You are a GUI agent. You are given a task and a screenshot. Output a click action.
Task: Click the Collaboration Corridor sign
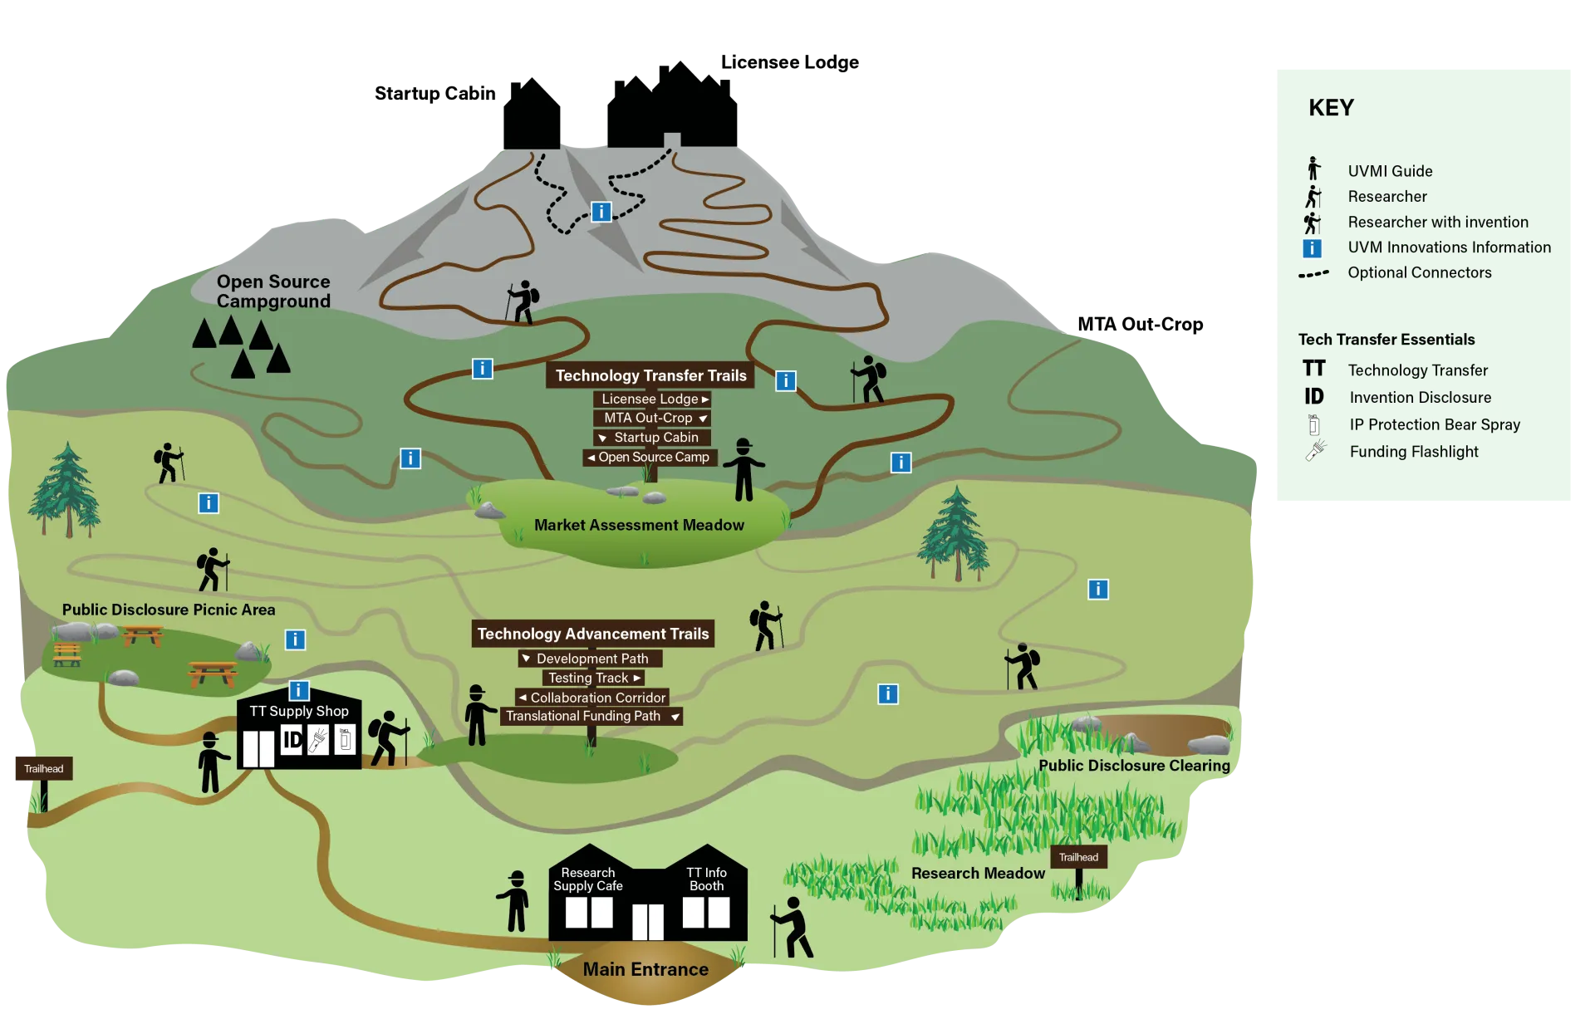click(x=592, y=698)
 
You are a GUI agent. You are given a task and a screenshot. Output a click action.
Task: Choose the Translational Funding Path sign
click(x=591, y=717)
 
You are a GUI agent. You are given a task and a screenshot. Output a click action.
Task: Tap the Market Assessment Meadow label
click(x=639, y=526)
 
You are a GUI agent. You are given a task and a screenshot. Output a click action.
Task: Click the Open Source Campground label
click(x=273, y=291)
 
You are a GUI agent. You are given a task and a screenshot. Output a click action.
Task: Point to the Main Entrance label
click(x=645, y=969)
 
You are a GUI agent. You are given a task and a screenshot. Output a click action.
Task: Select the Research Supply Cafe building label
click(x=588, y=879)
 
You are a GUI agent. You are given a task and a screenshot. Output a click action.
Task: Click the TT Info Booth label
click(x=706, y=879)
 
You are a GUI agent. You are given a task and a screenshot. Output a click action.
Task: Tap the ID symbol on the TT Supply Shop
click(x=292, y=739)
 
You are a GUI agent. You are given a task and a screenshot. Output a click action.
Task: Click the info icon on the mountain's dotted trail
click(x=601, y=212)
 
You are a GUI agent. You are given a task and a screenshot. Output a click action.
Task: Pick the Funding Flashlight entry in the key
click(x=1413, y=452)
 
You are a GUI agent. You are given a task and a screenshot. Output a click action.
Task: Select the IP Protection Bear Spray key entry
click(x=1434, y=425)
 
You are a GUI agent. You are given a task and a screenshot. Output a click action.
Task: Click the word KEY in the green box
click(x=1331, y=109)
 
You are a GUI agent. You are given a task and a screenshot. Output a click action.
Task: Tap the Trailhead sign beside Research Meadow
click(x=1078, y=858)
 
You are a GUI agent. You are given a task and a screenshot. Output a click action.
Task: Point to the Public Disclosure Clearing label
click(x=1134, y=766)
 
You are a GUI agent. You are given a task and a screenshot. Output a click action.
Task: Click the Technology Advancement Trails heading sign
click(x=593, y=634)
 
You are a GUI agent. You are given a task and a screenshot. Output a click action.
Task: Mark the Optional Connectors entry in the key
click(x=1419, y=273)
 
